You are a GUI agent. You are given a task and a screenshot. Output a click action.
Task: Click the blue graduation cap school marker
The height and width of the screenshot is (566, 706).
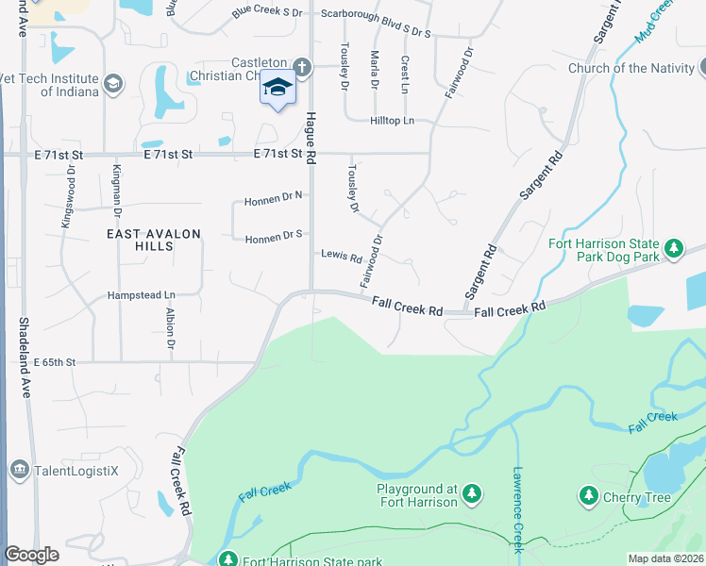277,88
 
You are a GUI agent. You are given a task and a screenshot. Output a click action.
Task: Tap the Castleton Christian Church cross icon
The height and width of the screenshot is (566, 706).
301,67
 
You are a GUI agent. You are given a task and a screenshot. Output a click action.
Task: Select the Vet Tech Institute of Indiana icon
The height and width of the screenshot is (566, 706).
114,84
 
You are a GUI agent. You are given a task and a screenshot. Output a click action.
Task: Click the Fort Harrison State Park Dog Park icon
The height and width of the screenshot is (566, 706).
673,248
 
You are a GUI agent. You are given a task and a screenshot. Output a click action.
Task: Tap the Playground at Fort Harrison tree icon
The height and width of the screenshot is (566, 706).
472,493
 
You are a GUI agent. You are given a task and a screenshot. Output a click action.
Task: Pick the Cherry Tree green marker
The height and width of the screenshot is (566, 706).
588,495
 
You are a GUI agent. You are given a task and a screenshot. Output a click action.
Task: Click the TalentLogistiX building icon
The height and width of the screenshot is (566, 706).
19,469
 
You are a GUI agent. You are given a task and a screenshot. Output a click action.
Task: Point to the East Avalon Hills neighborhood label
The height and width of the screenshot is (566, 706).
140,240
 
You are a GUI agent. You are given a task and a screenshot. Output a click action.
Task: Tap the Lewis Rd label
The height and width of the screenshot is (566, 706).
342,256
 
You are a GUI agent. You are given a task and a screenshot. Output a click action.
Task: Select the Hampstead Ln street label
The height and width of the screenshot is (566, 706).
141,294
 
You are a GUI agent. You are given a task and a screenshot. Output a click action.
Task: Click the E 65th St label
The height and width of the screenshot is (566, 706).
54,361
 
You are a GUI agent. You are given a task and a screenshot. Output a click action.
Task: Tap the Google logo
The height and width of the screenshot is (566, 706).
31,555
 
